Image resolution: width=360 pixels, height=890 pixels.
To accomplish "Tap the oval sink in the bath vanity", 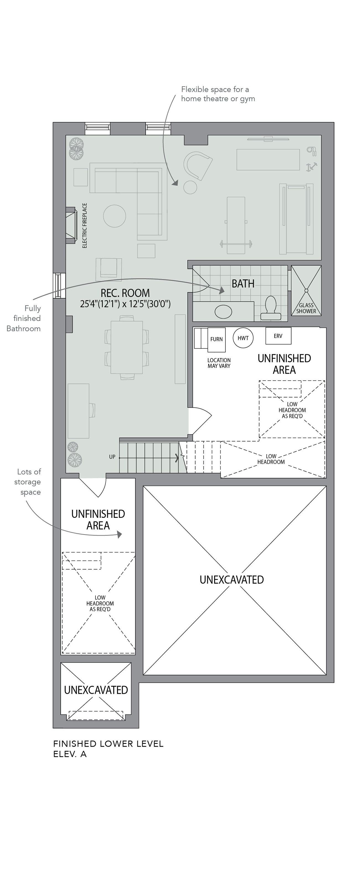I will [x=223, y=311].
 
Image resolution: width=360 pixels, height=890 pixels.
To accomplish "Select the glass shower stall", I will [x=306, y=290].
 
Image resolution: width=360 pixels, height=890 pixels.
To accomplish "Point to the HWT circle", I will [x=243, y=338].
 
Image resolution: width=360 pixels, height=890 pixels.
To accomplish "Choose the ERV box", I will [x=278, y=336].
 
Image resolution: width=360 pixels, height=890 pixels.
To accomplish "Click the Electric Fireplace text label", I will [x=85, y=225].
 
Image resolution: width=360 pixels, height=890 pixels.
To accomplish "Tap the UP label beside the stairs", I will [x=112, y=457].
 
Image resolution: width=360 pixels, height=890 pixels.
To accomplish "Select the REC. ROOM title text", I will [x=125, y=293].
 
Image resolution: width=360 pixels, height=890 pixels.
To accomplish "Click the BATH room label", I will [x=243, y=284].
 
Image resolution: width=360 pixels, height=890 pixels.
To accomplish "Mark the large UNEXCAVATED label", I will [x=232, y=579].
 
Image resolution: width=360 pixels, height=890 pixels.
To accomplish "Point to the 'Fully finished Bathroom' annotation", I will [x=24, y=318].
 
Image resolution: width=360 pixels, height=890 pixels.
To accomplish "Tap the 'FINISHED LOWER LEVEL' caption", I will [x=108, y=744].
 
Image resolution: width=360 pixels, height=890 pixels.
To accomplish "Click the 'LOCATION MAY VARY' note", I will [x=219, y=363].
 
